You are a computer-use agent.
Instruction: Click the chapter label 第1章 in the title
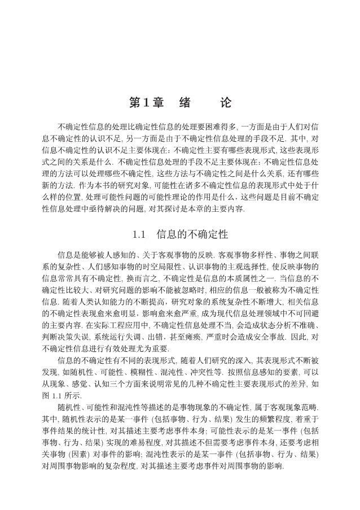point(146,103)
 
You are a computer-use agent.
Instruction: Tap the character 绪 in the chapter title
point(184,103)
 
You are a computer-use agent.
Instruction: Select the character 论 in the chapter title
point(225,103)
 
